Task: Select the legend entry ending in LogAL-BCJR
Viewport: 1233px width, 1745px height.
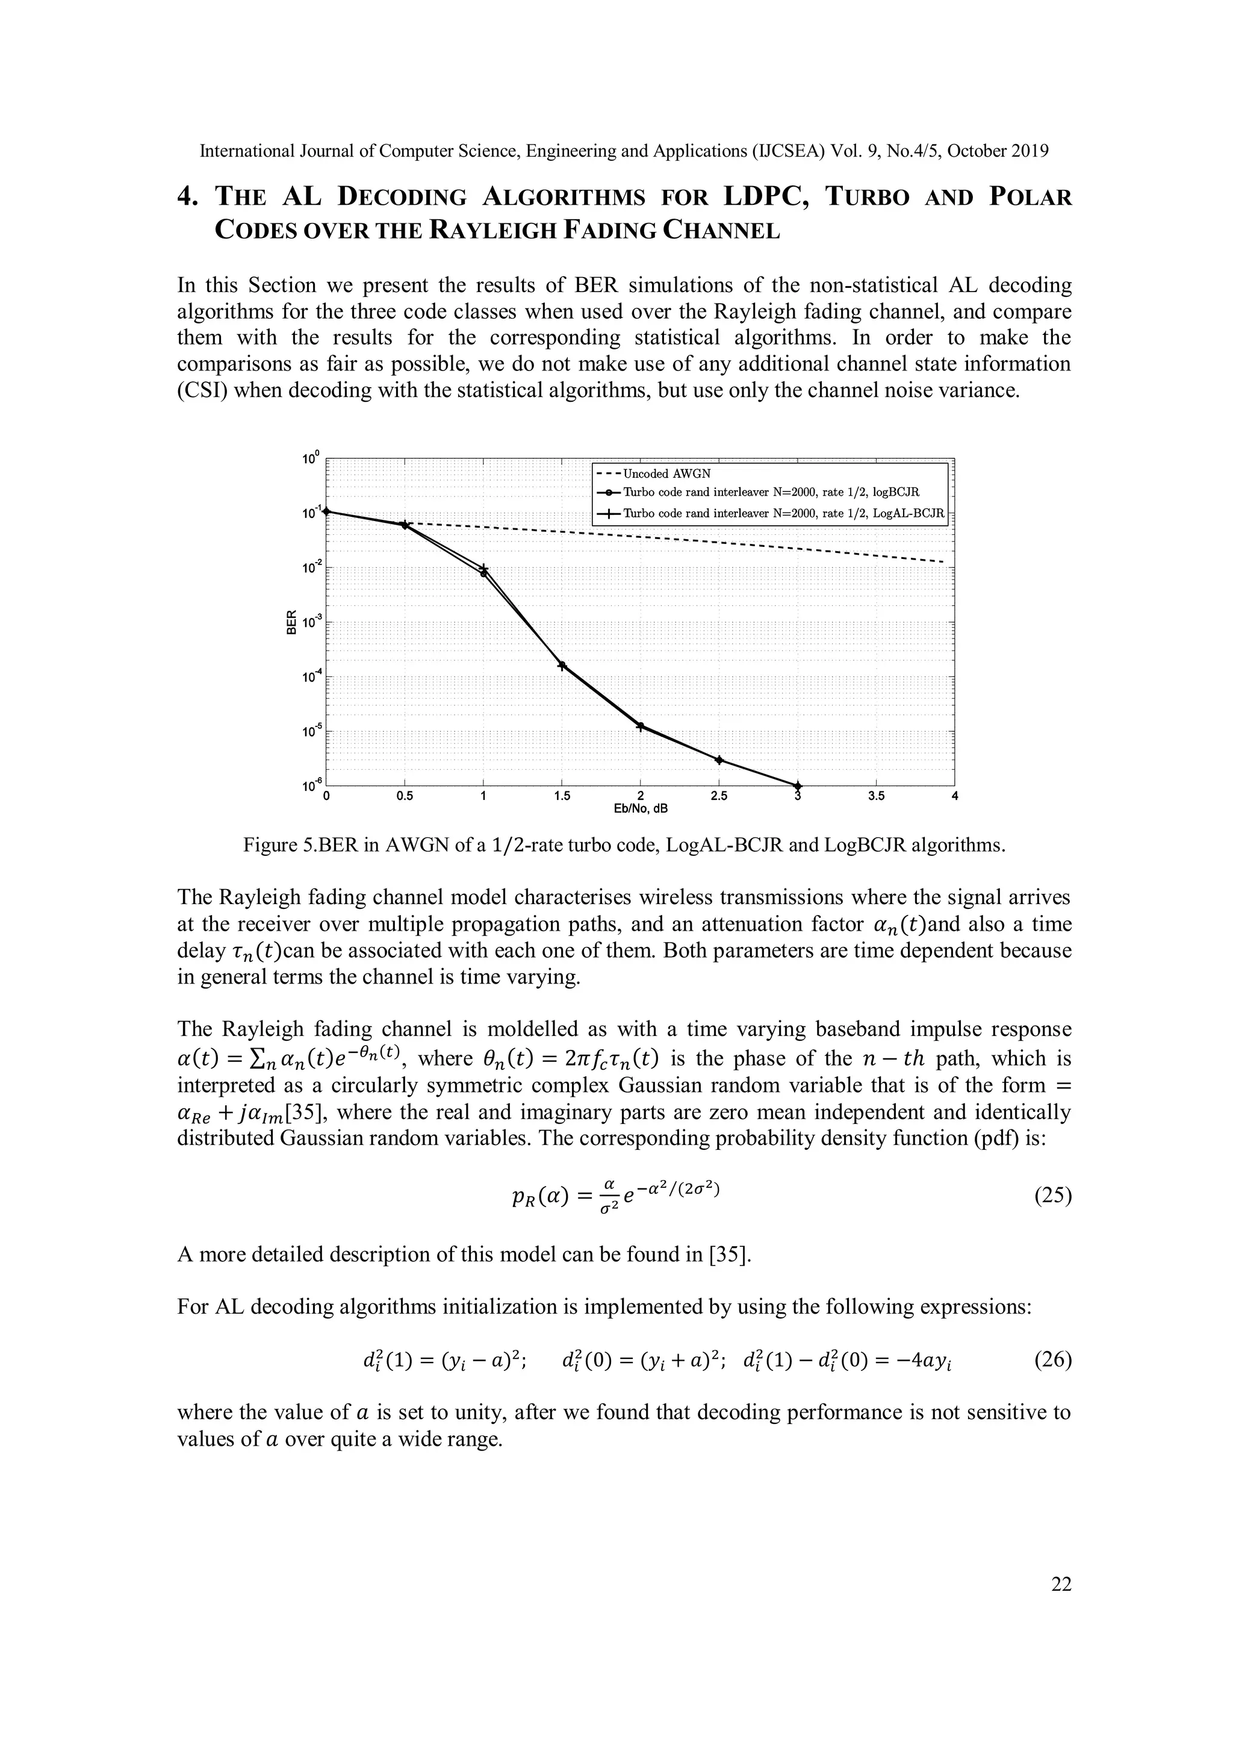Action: click(x=783, y=513)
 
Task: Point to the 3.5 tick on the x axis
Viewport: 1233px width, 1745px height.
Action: click(x=876, y=796)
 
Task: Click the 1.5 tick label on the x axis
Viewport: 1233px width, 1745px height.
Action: click(x=562, y=796)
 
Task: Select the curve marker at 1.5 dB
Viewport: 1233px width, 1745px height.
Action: click(x=562, y=666)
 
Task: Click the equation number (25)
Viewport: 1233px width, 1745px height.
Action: click(x=1052, y=1196)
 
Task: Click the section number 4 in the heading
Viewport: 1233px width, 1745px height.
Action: click(x=185, y=197)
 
